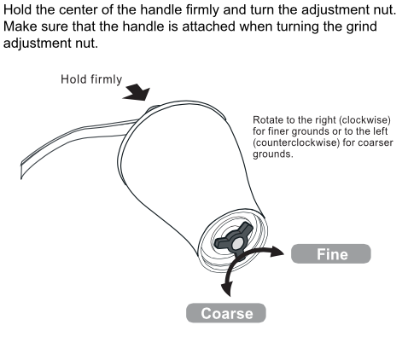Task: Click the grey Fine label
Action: click(331, 253)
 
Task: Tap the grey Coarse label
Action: click(226, 313)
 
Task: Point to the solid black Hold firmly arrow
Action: click(137, 92)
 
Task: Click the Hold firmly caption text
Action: click(91, 79)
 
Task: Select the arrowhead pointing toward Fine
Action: click(277, 252)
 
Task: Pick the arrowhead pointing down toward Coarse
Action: click(227, 288)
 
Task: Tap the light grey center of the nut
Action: click(237, 243)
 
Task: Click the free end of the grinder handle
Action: click(21, 171)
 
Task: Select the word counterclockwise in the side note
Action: click(296, 142)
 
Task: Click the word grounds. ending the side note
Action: click(273, 154)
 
